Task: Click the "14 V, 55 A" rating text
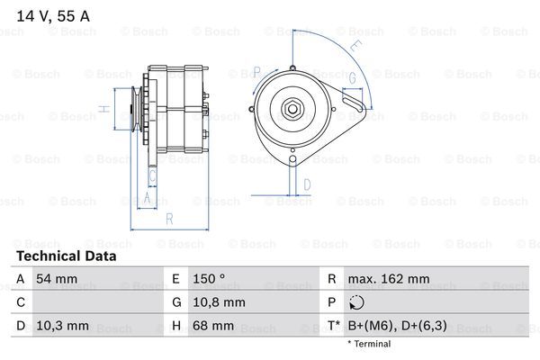tap(53, 16)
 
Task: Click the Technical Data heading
tap(67, 256)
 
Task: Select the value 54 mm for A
tap(57, 279)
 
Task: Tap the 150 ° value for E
tap(209, 279)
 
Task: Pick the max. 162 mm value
tap(389, 279)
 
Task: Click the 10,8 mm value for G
tap(219, 302)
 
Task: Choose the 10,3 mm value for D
tap(62, 326)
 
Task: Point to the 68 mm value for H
tap(213, 326)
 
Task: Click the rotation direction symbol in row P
tap(356, 302)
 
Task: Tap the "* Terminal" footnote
tap(369, 344)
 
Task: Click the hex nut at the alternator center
tap(292, 109)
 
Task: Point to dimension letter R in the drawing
tap(169, 219)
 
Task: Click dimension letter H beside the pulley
tap(104, 109)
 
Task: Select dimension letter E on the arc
tap(355, 46)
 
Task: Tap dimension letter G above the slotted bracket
tap(352, 78)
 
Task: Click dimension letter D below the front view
tap(307, 185)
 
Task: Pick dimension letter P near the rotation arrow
tap(256, 72)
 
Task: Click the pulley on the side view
tap(137, 109)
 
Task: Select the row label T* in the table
tap(334, 326)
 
